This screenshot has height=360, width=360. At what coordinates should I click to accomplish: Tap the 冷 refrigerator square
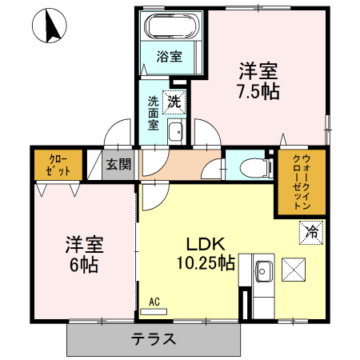pyautogui.click(x=311, y=233)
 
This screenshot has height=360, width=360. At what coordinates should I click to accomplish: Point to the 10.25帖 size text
pyautogui.click(x=206, y=262)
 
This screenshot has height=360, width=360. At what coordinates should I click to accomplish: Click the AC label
pyautogui.click(x=155, y=301)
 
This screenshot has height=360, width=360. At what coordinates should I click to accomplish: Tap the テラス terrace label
pyautogui.click(x=153, y=338)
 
